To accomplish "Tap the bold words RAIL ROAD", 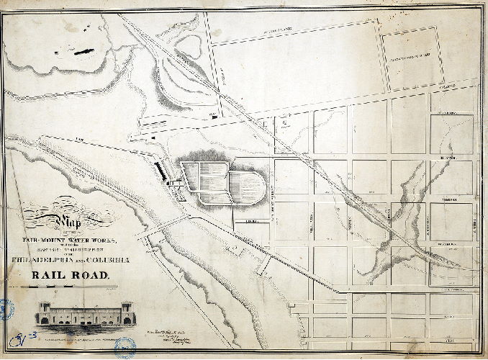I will click(x=69, y=274).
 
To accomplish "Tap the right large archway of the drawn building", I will click(x=122, y=317).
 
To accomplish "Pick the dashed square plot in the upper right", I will click(x=410, y=54).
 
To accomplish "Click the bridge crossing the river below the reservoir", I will click(x=166, y=230).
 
